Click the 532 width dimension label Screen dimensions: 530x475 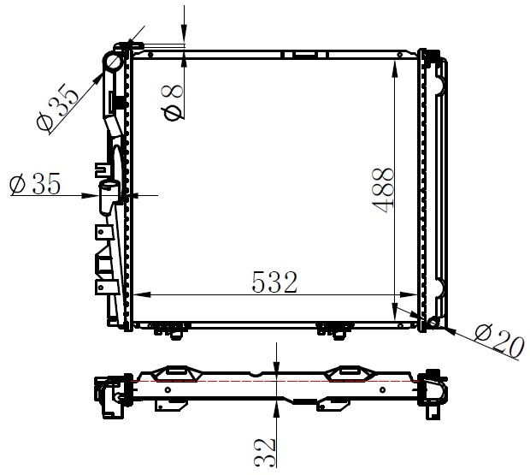(274, 282)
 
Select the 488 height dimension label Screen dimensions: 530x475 (383, 191)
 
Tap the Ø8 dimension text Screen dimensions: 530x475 (174, 103)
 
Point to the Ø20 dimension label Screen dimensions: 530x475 (499, 341)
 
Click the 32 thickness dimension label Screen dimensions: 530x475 (265, 453)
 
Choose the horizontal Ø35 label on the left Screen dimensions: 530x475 (35, 184)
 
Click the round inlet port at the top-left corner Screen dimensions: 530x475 (113, 62)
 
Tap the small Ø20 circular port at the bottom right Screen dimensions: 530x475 (433, 322)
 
